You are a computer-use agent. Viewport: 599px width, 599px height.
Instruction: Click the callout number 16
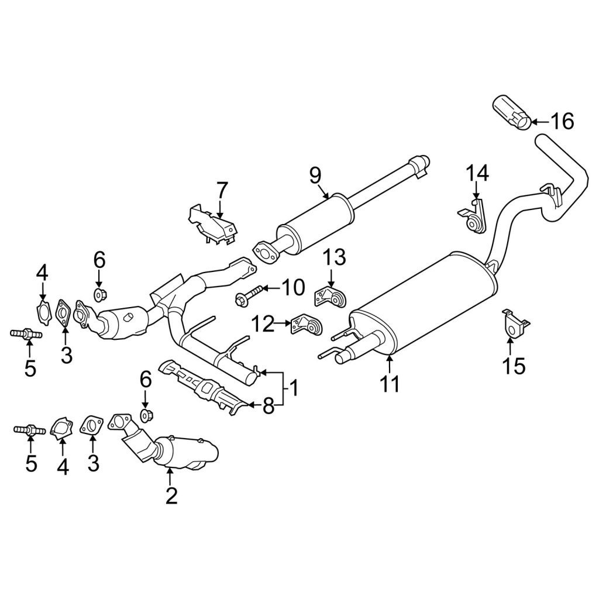(562, 122)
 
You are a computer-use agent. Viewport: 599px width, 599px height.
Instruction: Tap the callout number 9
(315, 176)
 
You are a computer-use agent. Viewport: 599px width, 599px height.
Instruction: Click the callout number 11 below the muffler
(389, 384)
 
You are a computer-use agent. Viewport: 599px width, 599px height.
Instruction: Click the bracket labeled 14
(472, 216)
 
